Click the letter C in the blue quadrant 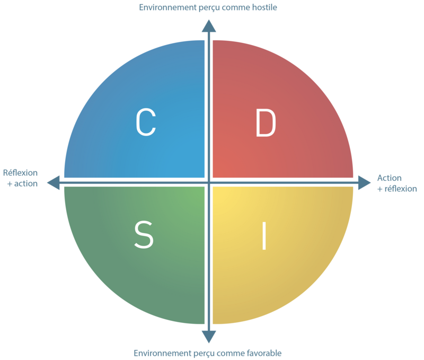tap(146, 122)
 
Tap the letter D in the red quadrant tap(266, 122)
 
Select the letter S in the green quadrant tap(144, 234)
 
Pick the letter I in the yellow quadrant tap(264, 236)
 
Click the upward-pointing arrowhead tap(209, 26)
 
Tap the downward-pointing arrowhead tap(209, 337)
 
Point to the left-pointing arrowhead tap(54, 182)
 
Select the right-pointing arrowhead tap(364, 182)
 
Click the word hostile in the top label tap(264, 7)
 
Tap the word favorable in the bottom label tap(264, 353)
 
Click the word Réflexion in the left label tap(20, 172)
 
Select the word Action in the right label tap(390, 178)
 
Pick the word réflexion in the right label tap(401, 189)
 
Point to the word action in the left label tap(26, 183)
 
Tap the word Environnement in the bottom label tap(163, 353)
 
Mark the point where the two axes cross tap(209, 182)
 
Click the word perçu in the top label tap(209, 8)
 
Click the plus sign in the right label tap(380, 189)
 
